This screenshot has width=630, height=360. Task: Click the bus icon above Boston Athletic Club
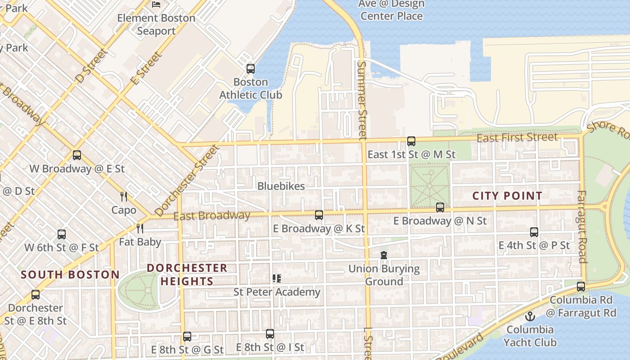pos(251,69)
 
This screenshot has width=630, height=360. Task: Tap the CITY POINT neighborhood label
pos(507,196)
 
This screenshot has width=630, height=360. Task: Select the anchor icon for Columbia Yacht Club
pos(530,316)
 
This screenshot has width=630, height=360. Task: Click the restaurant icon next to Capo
pos(124,196)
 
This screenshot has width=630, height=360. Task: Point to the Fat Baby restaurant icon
pos(140,229)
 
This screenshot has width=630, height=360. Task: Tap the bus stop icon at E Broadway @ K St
pos(319,215)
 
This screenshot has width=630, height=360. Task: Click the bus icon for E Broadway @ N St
pos(440,207)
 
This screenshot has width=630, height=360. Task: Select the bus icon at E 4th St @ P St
pos(534,232)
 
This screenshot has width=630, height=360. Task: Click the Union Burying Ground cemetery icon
pos(384,255)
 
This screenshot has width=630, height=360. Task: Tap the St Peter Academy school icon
pos(277,279)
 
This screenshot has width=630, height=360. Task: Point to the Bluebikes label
pos(281,186)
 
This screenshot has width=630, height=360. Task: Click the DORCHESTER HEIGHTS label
pos(187,274)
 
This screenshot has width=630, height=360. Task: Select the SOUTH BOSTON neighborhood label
pos(70,274)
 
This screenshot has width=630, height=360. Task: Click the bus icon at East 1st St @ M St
pos(411,141)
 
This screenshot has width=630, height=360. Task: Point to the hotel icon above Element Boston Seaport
pos(156,4)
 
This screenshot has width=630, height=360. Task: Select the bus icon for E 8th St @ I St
pos(270,334)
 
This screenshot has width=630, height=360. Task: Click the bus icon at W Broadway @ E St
pos(77,155)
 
